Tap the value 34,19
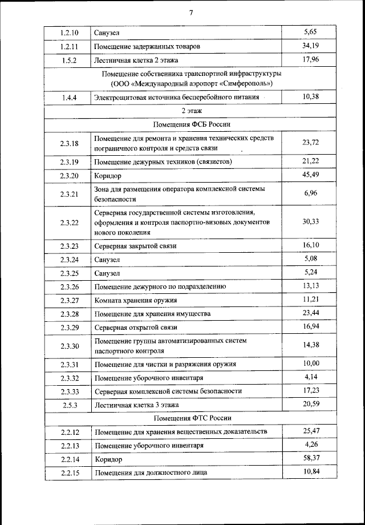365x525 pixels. [x=311, y=46]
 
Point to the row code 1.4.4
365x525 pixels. [x=68, y=98]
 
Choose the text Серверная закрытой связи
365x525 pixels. [x=136, y=246]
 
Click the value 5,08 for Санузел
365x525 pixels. [x=311, y=259]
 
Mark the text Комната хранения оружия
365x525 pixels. [x=136, y=300]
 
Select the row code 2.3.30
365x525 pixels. [x=68, y=346]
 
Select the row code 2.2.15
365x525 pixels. [x=68, y=472]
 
